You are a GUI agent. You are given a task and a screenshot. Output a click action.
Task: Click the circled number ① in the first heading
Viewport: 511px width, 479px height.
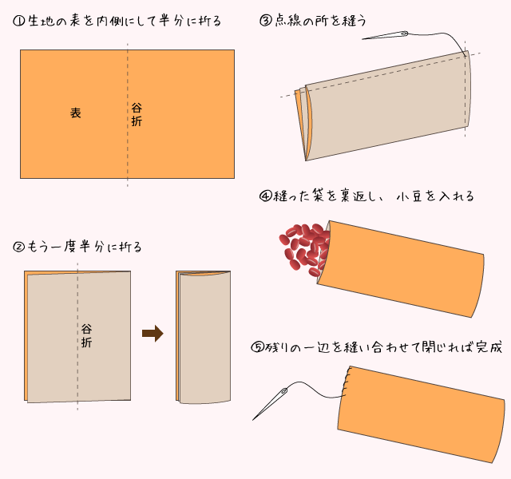point(19,22)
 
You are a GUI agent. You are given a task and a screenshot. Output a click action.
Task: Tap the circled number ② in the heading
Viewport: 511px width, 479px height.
point(19,247)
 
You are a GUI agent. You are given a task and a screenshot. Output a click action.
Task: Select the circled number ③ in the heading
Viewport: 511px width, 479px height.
point(266,21)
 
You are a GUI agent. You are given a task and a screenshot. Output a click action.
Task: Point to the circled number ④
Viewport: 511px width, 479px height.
point(266,196)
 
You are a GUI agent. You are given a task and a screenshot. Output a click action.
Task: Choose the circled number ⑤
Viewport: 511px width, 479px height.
point(257,347)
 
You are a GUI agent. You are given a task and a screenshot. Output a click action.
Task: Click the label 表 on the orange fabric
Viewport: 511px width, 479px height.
point(76,113)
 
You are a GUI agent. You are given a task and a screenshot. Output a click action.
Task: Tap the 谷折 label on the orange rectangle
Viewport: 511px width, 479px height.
point(137,114)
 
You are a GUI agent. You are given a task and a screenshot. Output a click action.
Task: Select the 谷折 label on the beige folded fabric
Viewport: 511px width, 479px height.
point(86,335)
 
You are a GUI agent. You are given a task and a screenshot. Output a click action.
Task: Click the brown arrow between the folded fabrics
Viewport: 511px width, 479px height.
point(153,334)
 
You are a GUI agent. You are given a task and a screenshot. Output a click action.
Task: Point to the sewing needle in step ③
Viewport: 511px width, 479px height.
point(385,35)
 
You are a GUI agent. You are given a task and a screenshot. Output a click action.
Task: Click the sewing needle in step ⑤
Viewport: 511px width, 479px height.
point(270,403)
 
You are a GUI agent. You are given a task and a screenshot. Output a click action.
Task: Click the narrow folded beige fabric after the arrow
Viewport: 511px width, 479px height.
point(204,337)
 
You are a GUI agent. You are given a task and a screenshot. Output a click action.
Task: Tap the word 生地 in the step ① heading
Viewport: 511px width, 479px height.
point(41,22)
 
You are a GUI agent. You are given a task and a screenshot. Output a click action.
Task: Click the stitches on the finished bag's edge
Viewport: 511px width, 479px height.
point(346,382)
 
